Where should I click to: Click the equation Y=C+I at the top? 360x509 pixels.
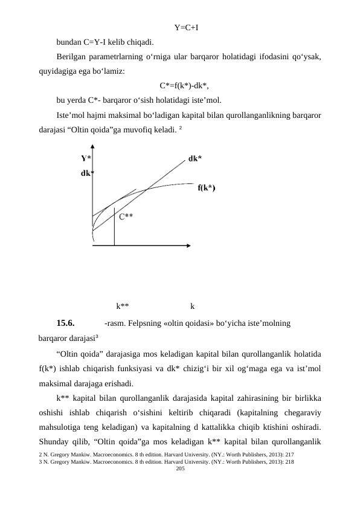pyautogui.click(x=187, y=27)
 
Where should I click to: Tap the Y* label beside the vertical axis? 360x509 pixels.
pyautogui.click(x=86, y=158)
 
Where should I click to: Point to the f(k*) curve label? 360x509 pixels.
pyautogui.click(x=207, y=187)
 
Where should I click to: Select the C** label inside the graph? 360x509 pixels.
pyautogui.click(x=126, y=216)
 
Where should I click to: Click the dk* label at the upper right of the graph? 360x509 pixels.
pyautogui.click(x=194, y=158)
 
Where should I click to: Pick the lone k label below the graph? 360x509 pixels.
pyautogui.click(x=192, y=305)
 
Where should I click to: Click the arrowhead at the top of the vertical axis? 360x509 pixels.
pyautogui.click(x=92, y=146)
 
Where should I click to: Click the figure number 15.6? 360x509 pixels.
pyautogui.click(x=65, y=322)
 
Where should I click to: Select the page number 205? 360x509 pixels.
pyautogui.click(x=179, y=468)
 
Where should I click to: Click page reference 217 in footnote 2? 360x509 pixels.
pyautogui.click(x=289, y=453)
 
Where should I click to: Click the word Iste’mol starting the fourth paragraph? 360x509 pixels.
pyautogui.click(x=72, y=115)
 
